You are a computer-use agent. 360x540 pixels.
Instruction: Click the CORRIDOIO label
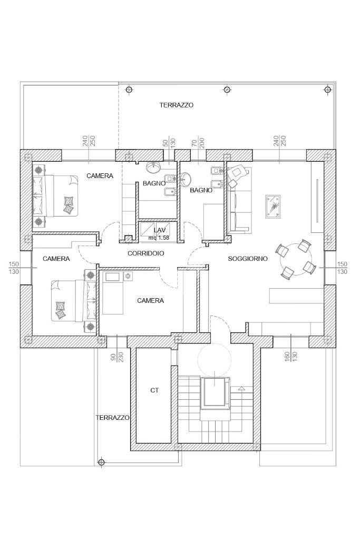click(x=145, y=253)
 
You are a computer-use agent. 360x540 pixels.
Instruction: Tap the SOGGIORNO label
click(x=247, y=259)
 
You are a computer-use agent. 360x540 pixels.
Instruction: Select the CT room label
click(x=154, y=390)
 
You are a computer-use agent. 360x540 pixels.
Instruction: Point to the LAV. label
click(x=160, y=231)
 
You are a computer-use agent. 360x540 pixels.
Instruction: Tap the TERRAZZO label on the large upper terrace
click(x=177, y=105)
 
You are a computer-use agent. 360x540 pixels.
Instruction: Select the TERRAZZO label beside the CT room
click(x=112, y=417)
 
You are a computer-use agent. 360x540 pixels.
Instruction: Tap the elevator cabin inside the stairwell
click(x=215, y=392)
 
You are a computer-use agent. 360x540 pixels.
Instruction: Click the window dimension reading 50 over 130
click(x=169, y=143)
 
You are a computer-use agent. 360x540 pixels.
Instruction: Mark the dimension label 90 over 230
click(x=116, y=357)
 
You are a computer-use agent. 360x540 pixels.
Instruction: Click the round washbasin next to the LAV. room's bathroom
click(x=153, y=167)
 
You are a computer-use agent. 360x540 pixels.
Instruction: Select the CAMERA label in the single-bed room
click(x=150, y=301)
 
